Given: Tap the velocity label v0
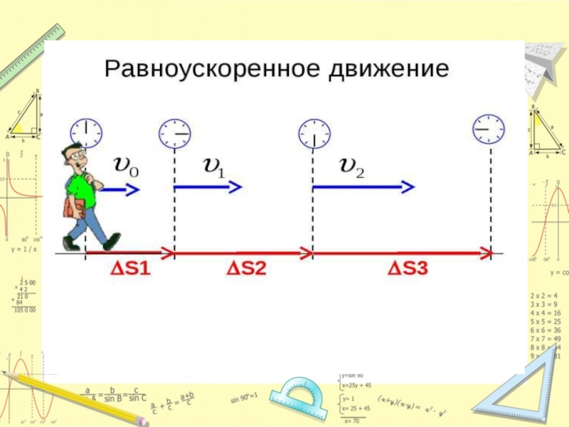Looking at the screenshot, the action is click(127, 166).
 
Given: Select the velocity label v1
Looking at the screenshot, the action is click(214, 166).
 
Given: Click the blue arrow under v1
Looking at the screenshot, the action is click(208, 187).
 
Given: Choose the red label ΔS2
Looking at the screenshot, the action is click(246, 269).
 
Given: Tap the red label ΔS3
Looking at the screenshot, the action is click(408, 269).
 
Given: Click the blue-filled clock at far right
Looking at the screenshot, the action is click(489, 128).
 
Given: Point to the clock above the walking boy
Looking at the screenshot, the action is click(86, 132).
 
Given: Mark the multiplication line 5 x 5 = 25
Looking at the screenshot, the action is click(546, 322).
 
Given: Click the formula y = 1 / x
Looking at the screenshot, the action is click(23, 250).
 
